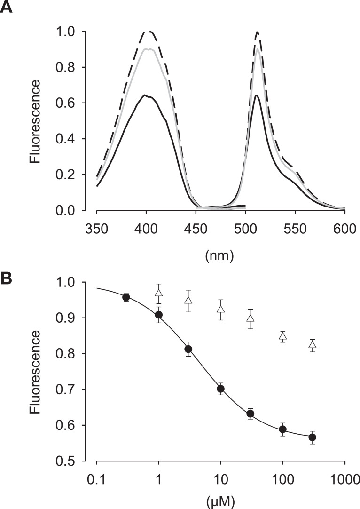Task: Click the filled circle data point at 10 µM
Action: pos(220,389)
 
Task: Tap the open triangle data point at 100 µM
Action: pos(282,336)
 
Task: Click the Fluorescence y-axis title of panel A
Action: pos(34,121)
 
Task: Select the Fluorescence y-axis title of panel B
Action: pos(34,372)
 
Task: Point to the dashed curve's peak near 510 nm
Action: pos(257,32)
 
